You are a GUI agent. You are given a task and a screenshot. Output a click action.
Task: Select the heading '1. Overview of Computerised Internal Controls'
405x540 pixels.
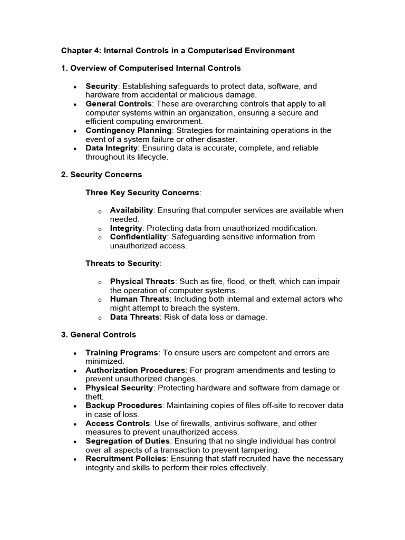coord(151,68)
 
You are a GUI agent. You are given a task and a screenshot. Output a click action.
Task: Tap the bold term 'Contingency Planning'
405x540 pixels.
coord(129,130)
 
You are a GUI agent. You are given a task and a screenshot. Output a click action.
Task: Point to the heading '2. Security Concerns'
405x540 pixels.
coord(101,175)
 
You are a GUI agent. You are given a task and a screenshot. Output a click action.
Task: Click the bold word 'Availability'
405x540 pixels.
coord(131,210)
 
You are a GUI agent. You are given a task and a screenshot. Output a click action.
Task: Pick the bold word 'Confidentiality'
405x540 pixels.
coord(139,237)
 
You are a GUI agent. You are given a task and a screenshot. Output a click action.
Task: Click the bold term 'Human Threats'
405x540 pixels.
coord(138,299)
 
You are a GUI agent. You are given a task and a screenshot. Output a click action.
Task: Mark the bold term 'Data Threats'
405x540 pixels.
coord(134,317)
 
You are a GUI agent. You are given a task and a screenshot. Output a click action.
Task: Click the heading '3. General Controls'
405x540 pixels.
coord(99,334)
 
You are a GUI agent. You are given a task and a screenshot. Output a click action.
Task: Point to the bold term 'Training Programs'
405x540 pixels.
coord(122,352)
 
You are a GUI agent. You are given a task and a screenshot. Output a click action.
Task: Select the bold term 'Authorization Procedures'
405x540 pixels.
coord(136,370)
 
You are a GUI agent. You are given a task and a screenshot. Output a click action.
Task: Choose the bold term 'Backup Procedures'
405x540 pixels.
coord(124,406)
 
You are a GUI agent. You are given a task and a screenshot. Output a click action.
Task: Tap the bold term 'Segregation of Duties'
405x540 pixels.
coord(128,441)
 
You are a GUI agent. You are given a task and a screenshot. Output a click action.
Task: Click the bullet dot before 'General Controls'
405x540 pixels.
coord(76,104)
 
